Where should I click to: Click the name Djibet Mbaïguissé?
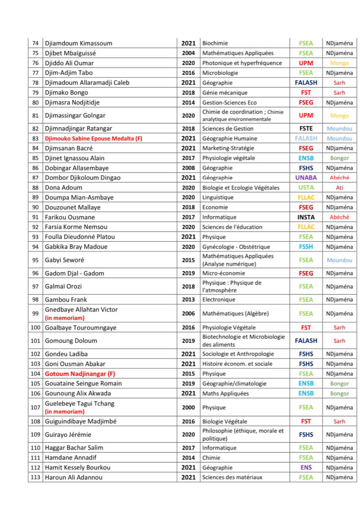70,53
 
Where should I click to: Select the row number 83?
36,138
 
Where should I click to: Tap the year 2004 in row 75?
188,53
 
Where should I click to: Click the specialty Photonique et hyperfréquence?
242,63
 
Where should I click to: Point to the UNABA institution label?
306,178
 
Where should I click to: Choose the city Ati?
339,188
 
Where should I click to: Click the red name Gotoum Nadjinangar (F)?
80,374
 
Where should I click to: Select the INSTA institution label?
306,217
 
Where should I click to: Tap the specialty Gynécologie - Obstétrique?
236,247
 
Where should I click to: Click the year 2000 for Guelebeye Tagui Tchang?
188,407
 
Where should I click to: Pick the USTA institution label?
306,188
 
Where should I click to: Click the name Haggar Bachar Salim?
74,448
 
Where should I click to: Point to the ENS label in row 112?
306,468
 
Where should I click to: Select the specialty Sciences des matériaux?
232,478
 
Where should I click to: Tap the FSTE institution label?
306,128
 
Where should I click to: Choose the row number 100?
36,328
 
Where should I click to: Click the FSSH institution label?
306,247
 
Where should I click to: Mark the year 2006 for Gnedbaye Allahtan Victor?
188,314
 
